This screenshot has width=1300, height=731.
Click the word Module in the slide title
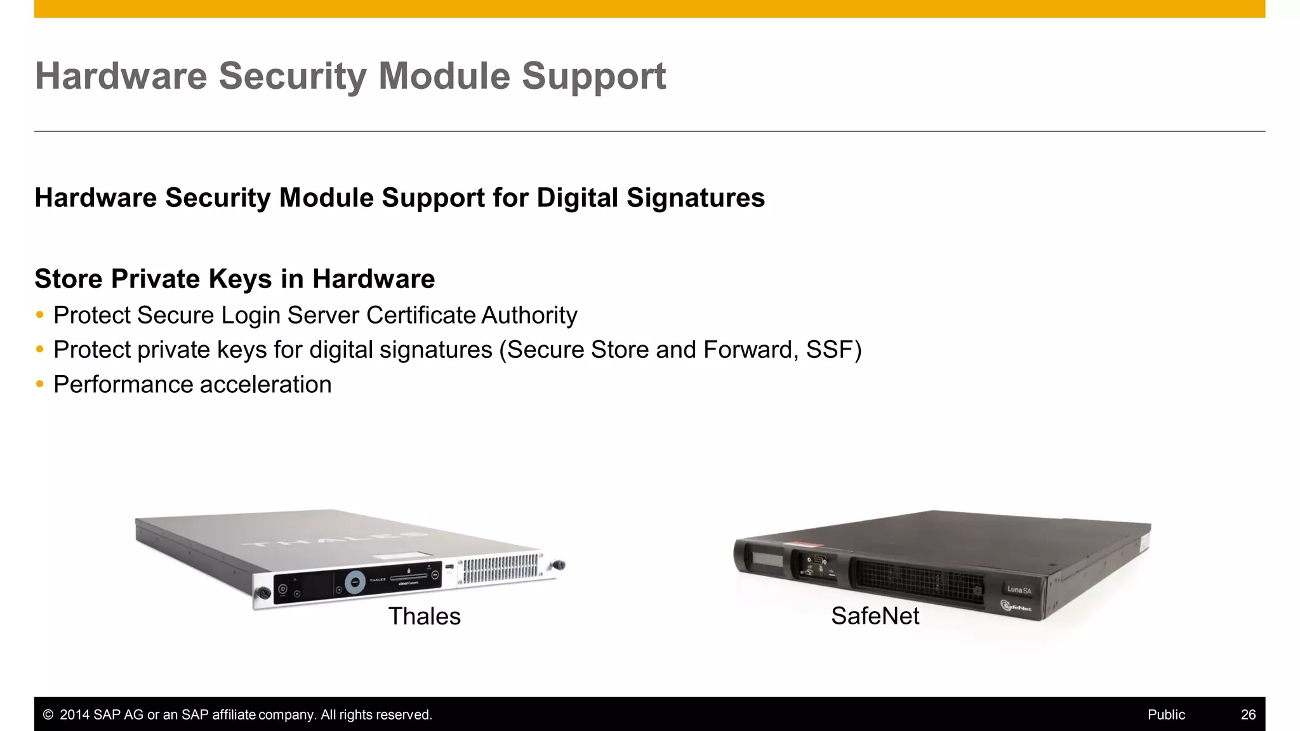pyautogui.click(x=444, y=76)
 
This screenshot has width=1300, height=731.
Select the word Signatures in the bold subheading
pyautogui.click(x=695, y=198)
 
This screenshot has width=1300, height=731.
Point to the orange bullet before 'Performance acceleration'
pyautogui.click(x=40, y=384)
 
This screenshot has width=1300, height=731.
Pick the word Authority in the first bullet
pyautogui.click(x=529, y=315)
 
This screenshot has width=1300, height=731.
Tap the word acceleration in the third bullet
pyautogui.click(x=265, y=385)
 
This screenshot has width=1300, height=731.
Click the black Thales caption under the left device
pyautogui.click(x=424, y=616)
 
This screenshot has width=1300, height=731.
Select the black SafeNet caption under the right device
pyautogui.click(x=875, y=616)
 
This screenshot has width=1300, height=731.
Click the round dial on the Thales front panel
pyautogui.click(x=355, y=581)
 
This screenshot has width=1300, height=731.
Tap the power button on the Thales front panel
pyautogui.click(x=283, y=589)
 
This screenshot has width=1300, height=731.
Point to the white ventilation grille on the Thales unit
pyautogui.click(x=501, y=569)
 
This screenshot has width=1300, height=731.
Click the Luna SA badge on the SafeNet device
pyautogui.click(x=1019, y=589)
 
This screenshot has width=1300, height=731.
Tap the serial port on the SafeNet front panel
pyautogui.click(x=817, y=559)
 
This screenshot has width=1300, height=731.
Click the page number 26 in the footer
pyautogui.click(x=1248, y=715)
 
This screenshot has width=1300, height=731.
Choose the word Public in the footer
pyautogui.click(x=1166, y=715)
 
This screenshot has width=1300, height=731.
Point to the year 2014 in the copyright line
pyautogui.click(x=75, y=715)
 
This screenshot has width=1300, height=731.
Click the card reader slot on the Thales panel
pyautogui.click(x=408, y=577)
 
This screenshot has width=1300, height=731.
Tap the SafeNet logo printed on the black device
pyautogui.click(x=1016, y=607)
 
